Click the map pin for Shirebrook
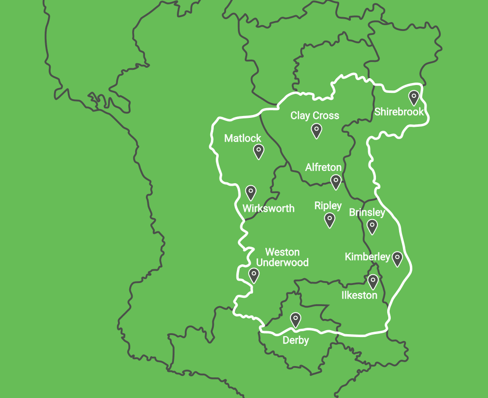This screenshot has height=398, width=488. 414,98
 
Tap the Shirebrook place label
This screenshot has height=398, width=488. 399,112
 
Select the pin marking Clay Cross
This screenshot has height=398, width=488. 316,130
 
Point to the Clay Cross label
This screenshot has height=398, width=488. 315,116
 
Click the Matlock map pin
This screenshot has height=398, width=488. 258,151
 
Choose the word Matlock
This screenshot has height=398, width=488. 243,139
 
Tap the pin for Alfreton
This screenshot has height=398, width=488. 336,181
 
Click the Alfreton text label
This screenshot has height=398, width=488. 323,168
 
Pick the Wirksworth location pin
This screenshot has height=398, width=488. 251,192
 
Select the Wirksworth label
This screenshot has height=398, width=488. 268,208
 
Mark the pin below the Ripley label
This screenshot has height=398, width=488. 330,220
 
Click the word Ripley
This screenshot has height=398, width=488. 328,206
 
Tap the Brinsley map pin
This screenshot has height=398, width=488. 372,226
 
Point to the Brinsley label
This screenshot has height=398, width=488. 367,213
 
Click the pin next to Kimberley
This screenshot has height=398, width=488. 397,258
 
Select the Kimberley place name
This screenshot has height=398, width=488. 367,257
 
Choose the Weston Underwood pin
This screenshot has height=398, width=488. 254,275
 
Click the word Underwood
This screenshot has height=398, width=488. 283,262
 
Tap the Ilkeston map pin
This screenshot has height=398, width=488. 373,282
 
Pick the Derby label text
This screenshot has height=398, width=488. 295,341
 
